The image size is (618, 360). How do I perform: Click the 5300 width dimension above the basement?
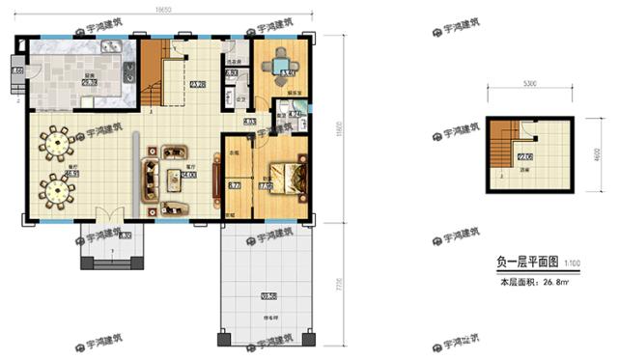point(529,84)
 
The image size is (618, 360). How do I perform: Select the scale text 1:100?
point(573,263)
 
